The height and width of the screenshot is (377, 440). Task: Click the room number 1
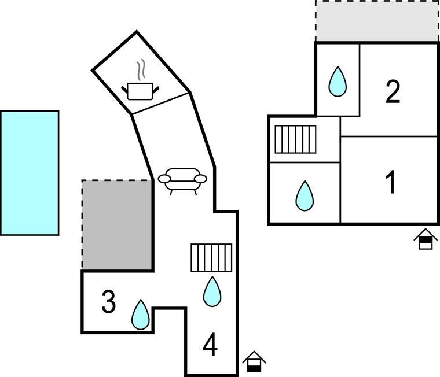[x=391, y=182]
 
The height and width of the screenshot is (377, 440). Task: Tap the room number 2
[x=393, y=92]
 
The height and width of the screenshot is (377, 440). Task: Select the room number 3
[x=109, y=302]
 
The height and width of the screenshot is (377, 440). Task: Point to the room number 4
[x=210, y=344]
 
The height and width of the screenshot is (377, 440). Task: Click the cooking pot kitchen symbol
[x=140, y=79]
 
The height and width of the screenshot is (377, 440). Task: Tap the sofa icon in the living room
[x=182, y=182]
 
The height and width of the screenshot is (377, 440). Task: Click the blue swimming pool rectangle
[x=30, y=173]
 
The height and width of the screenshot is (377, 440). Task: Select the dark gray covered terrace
[x=118, y=225]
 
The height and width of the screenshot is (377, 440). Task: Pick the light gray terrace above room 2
[x=377, y=21]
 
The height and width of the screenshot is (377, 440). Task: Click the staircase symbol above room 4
[x=211, y=258]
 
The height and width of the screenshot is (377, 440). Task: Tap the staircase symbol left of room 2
[x=295, y=139]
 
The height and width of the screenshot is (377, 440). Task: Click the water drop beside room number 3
[x=141, y=315]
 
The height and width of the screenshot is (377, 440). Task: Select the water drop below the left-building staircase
[x=212, y=291]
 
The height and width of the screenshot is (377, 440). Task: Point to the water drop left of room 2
[x=338, y=82]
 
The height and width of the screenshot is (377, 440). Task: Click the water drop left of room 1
[x=305, y=195]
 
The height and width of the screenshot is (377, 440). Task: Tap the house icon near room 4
[x=254, y=361]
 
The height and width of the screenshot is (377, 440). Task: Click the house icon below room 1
[x=426, y=239]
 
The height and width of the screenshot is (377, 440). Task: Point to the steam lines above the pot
[x=141, y=69]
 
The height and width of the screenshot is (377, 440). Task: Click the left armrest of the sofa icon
[x=164, y=179]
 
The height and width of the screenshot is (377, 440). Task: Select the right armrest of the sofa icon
[x=201, y=179]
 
